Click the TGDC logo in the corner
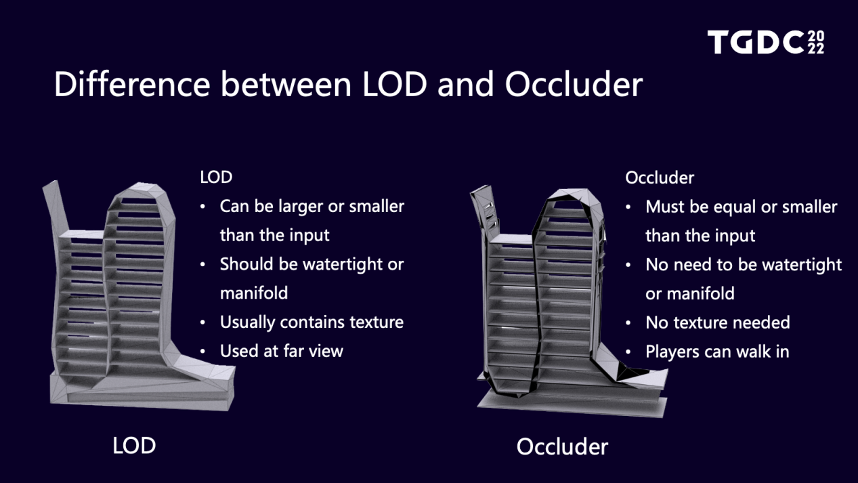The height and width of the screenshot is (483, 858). pyautogui.click(x=766, y=42)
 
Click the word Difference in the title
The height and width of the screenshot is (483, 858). pyautogui.click(x=132, y=84)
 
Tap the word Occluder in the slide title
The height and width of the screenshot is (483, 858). pyautogui.click(x=574, y=84)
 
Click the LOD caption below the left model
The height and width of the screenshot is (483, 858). pyautogui.click(x=134, y=446)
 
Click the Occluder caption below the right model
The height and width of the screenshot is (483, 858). pyautogui.click(x=562, y=446)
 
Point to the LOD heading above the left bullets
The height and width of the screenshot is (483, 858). pyautogui.click(x=216, y=177)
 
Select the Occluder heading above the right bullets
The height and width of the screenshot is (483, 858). pyautogui.click(x=660, y=177)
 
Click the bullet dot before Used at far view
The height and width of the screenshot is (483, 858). pyautogui.click(x=202, y=352)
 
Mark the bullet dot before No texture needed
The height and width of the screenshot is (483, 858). pyautogui.click(x=628, y=323)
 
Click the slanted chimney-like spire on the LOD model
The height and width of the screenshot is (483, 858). pyautogui.click(x=56, y=206)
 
